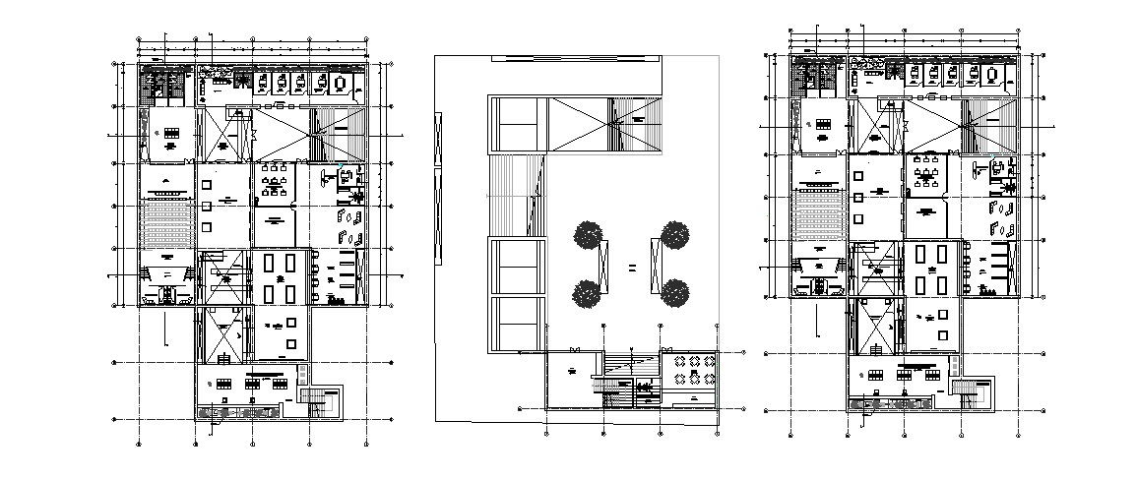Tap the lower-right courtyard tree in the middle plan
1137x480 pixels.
674,292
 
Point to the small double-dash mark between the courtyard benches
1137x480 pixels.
632,268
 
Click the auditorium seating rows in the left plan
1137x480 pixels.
165,225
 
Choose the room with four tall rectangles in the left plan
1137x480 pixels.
280,276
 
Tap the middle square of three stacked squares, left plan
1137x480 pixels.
207,205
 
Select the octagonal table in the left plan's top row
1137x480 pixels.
341,85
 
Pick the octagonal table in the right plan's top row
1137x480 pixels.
991,75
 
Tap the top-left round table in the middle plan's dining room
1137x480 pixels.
674,363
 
